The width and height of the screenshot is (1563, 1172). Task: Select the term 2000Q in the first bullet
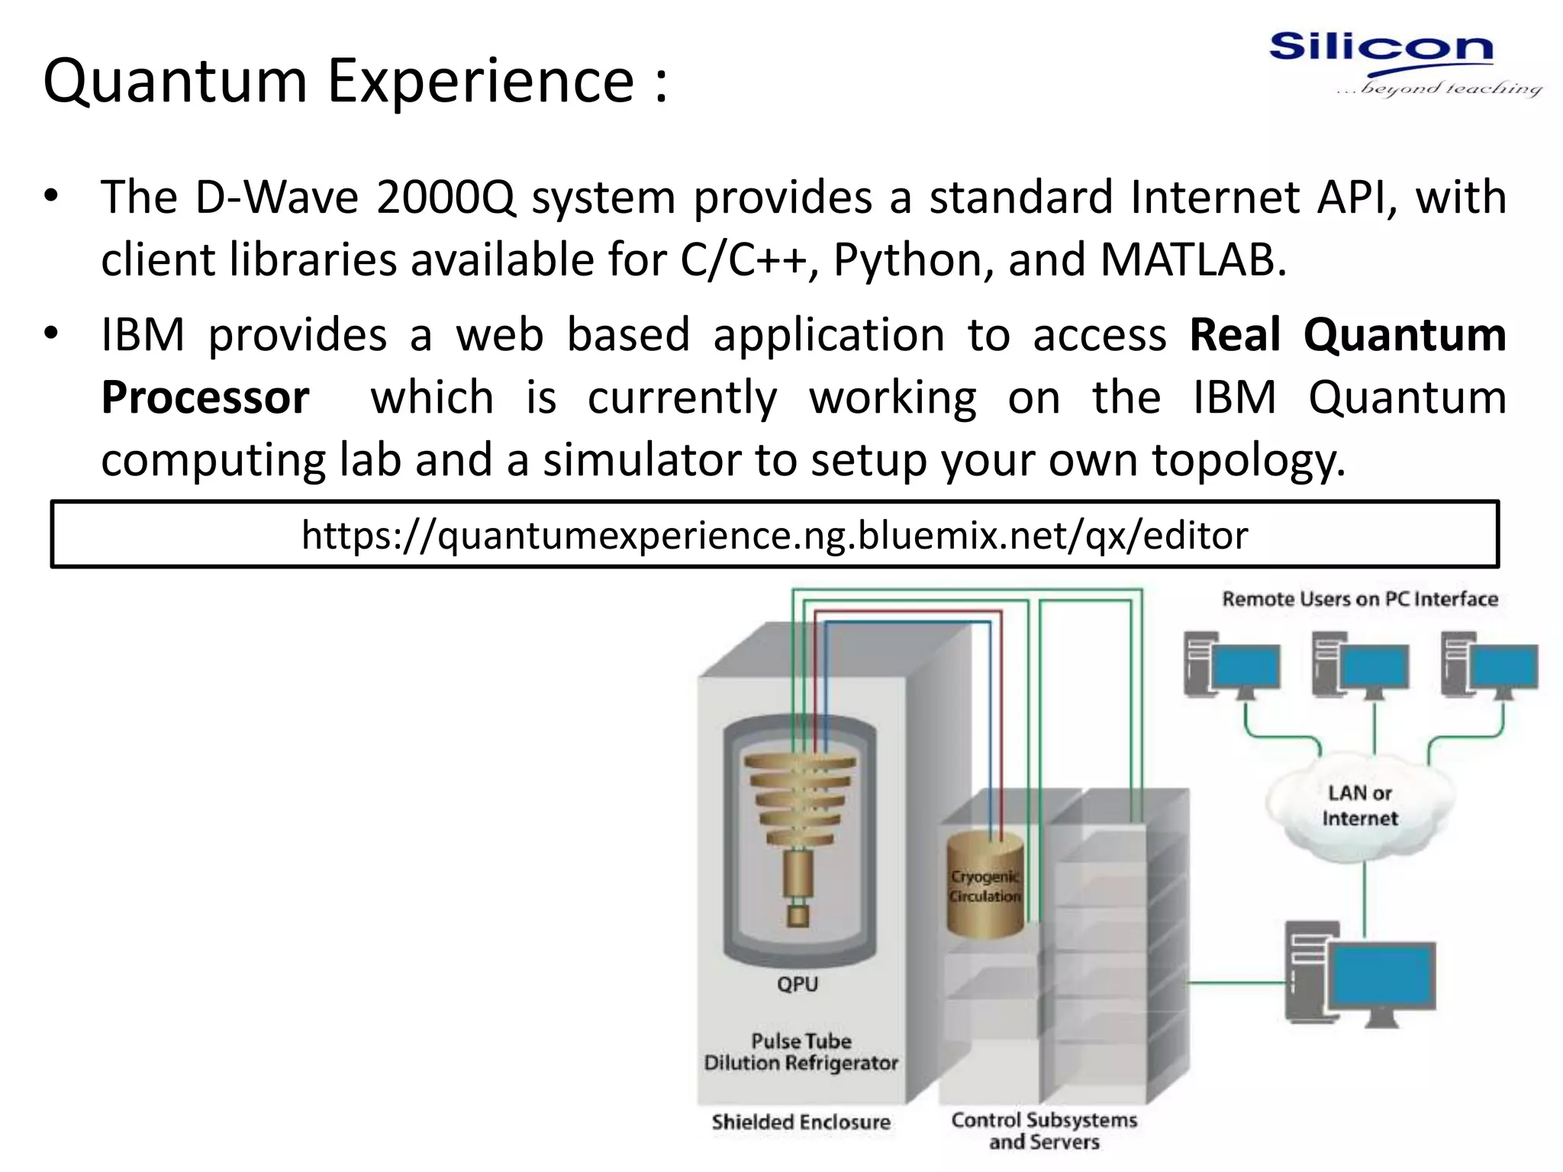pyautogui.click(x=446, y=198)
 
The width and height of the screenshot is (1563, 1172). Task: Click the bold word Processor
pyautogui.click(x=205, y=398)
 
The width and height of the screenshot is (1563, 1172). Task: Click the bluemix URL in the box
pyautogui.click(x=774, y=535)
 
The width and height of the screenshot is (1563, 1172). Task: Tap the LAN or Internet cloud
pyautogui.click(x=1359, y=806)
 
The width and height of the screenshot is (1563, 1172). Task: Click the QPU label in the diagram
pyautogui.click(x=798, y=984)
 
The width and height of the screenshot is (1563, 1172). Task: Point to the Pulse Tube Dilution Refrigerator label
pyautogui.click(x=801, y=1052)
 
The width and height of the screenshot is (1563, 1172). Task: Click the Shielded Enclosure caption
pyautogui.click(x=801, y=1122)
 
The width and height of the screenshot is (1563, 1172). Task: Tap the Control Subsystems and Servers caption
pyautogui.click(x=1044, y=1131)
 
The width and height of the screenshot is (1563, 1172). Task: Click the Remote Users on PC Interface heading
pyautogui.click(x=1359, y=599)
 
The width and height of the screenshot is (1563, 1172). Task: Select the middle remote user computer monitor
pyautogui.click(x=1374, y=666)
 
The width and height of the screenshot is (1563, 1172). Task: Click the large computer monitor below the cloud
pyautogui.click(x=1381, y=977)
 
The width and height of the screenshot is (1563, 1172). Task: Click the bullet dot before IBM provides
pyautogui.click(x=51, y=334)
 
